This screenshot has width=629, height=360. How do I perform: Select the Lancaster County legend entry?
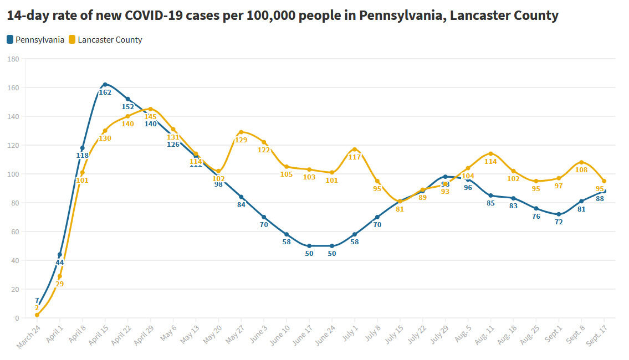105,40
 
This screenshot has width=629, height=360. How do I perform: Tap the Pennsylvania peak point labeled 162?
105,85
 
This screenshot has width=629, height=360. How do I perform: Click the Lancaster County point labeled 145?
150,109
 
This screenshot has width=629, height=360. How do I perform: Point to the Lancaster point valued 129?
241,132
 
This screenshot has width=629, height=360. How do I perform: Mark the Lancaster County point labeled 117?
355,149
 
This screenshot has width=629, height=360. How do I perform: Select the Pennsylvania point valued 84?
241,197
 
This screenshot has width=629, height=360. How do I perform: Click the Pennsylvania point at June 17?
309,246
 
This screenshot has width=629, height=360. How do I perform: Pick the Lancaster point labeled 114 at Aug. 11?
490,153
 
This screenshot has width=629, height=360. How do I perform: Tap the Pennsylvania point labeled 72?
559,214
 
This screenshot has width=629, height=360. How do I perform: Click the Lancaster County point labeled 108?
581,162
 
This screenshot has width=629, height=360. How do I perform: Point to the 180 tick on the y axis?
13,59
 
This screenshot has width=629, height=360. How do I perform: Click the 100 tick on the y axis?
13,174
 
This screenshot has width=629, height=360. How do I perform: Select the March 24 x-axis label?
29,337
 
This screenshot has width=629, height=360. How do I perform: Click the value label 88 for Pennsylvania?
600,198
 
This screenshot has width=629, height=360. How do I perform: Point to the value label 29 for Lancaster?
59,284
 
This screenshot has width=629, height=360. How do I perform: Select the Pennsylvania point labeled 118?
82,148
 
